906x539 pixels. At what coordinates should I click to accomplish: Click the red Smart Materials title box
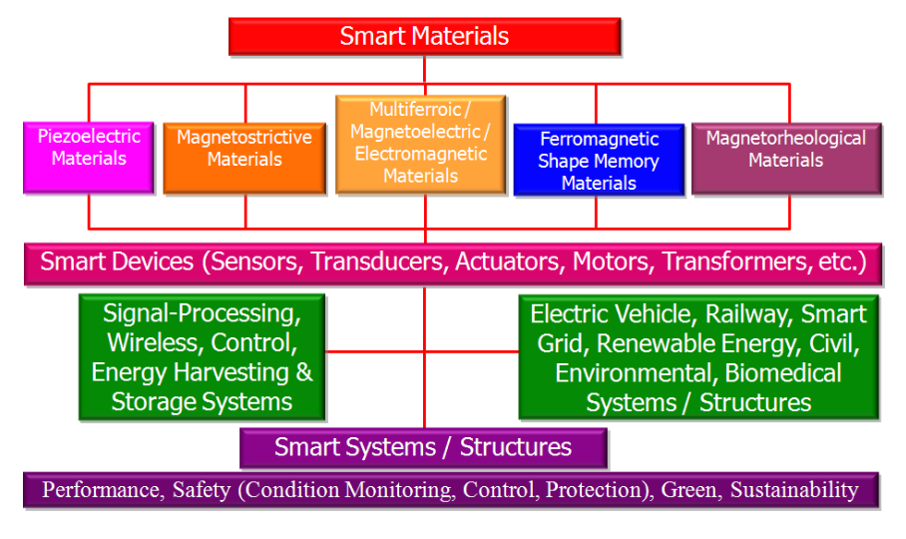coord(425,36)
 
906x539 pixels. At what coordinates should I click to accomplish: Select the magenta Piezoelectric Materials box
coord(89,157)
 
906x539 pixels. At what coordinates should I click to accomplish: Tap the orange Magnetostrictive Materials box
coord(244,158)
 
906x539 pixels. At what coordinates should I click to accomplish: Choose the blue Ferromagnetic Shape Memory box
coord(599,160)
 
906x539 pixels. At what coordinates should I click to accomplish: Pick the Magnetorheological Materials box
coord(786,159)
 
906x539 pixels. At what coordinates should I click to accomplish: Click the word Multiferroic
coord(415,109)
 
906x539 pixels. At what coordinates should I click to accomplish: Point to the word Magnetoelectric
coord(415,132)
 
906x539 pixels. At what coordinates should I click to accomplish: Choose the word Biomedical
coord(783,373)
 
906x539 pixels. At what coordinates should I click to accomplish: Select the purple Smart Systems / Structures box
coord(423,448)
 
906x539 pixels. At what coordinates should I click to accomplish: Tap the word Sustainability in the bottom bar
coord(794,490)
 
